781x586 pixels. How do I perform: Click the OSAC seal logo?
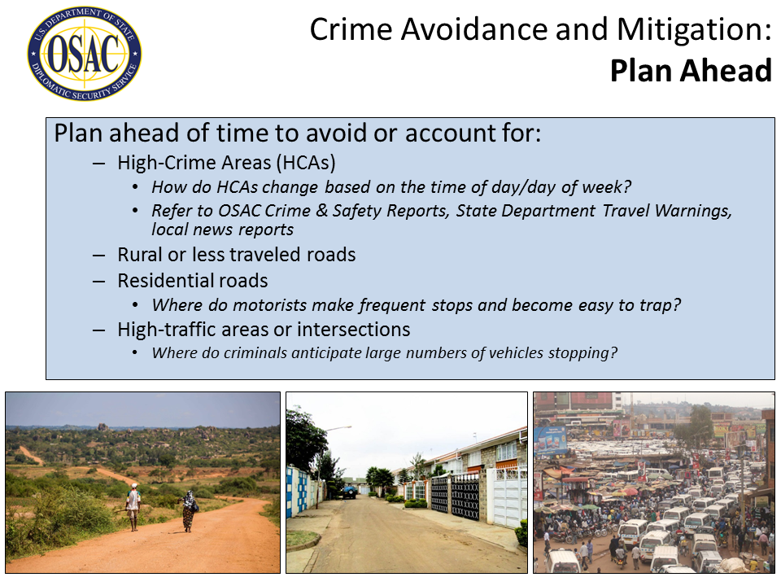(x=84, y=54)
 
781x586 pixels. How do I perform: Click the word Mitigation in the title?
(x=693, y=29)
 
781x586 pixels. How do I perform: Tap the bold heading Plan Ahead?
(x=691, y=70)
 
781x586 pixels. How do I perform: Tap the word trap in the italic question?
(x=658, y=305)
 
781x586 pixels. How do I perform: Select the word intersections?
(x=354, y=330)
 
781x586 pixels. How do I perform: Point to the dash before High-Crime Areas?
(x=98, y=164)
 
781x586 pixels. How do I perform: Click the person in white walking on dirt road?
(x=133, y=507)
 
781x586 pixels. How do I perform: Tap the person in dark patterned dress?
(x=189, y=511)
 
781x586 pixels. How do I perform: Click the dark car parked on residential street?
(x=349, y=492)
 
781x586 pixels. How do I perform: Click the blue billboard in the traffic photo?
(x=551, y=439)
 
